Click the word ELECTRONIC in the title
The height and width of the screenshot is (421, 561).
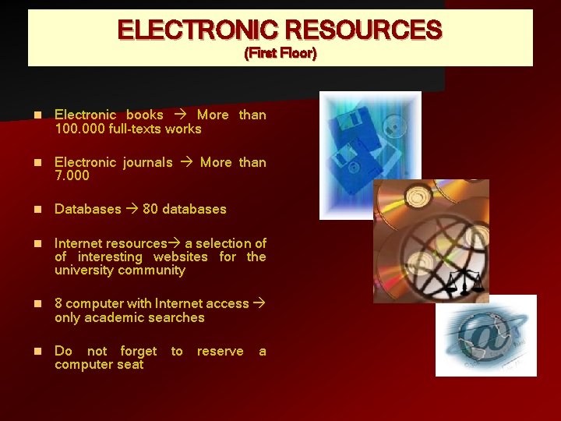(196, 30)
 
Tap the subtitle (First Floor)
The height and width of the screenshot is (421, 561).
(280, 54)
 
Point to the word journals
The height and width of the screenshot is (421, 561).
(147, 162)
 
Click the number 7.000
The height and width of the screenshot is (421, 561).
(72, 175)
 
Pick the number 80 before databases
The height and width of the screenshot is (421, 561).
(150, 209)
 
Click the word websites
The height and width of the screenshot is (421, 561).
(180, 256)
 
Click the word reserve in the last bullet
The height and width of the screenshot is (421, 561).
(220, 352)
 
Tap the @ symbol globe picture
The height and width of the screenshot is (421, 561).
(485, 336)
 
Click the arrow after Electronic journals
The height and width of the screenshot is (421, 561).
(186, 163)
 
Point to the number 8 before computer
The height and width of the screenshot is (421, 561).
(58, 304)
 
